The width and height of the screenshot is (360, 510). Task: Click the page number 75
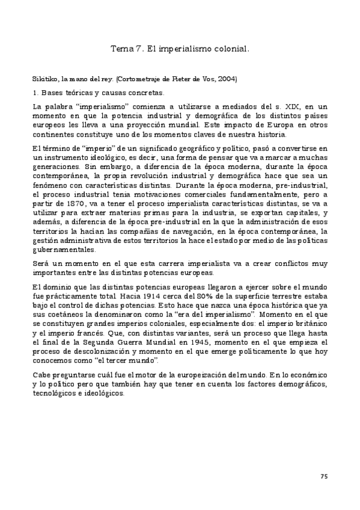tap(323, 476)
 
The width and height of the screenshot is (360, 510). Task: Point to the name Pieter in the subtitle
tap(189, 79)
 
